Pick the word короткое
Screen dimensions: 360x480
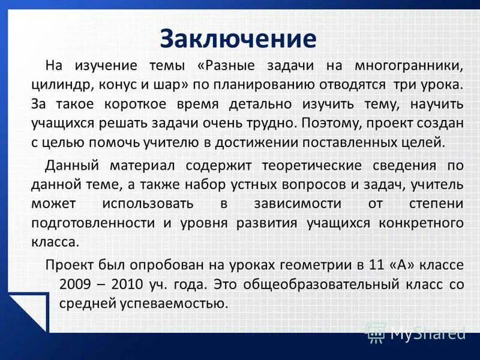pyautogui.click(x=133, y=104)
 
